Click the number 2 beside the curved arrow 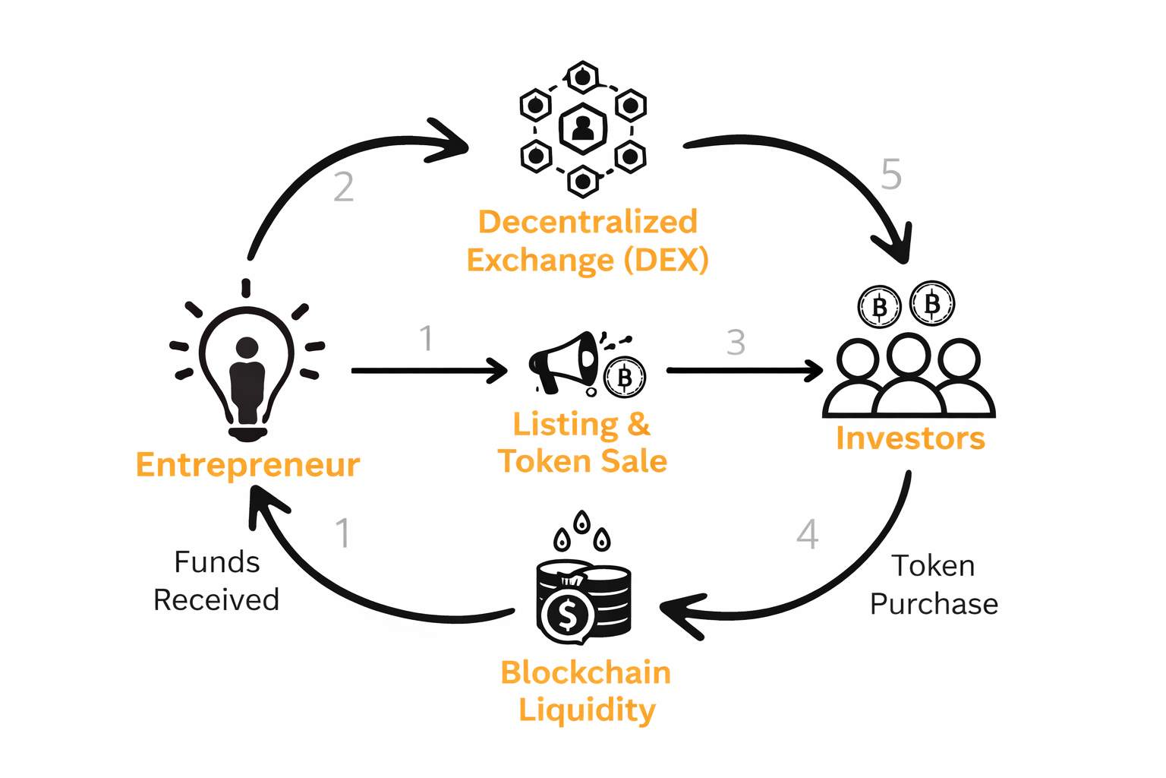click(x=344, y=187)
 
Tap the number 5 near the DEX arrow click(x=891, y=175)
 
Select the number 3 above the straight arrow click(x=736, y=343)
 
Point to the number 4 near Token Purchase click(x=808, y=535)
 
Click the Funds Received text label click(x=216, y=581)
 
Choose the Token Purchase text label click(x=934, y=585)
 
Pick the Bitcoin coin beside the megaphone click(x=625, y=378)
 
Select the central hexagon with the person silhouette click(x=583, y=128)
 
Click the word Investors click(x=910, y=438)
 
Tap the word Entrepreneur click(x=247, y=465)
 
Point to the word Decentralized click(x=588, y=222)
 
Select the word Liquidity click(x=587, y=710)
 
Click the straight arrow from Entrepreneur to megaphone click(x=429, y=371)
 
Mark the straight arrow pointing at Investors click(x=744, y=371)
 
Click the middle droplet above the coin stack click(x=581, y=522)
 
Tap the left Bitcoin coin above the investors click(x=879, y=308)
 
